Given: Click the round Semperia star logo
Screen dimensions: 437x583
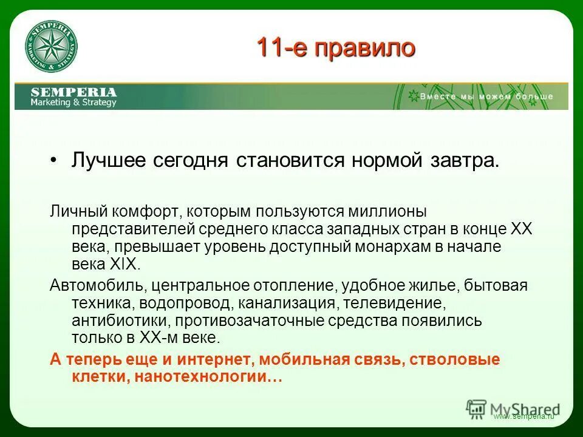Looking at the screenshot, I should [x=51, y=47].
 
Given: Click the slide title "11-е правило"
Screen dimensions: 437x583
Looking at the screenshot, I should [x=336, y=47].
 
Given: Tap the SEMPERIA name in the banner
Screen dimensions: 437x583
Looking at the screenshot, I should [x=73, y=92].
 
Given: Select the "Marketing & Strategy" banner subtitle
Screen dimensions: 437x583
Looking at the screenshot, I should [x=73, y=103].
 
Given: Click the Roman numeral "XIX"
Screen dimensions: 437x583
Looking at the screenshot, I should [x=124, y=265].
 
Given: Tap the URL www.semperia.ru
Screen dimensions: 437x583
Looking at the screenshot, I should [x=523, y=417].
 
